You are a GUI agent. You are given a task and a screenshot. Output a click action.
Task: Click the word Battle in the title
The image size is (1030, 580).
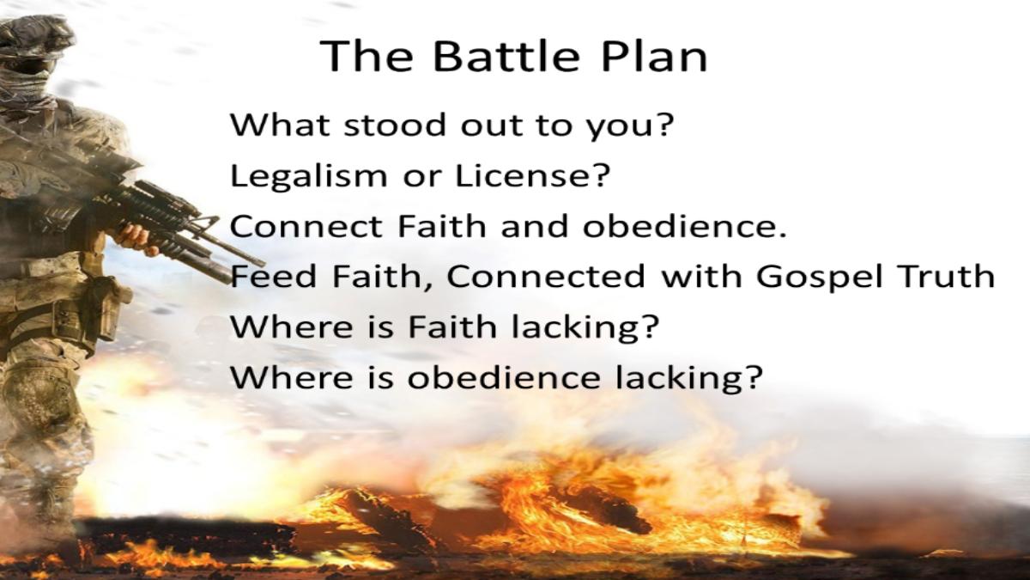(x=506, y=56)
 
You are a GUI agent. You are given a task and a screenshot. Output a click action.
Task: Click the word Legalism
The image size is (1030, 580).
(x=308, y=175)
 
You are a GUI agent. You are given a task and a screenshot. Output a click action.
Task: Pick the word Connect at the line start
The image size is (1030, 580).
(x=306, y=226)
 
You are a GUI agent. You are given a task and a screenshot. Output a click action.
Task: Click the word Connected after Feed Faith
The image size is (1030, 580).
(x=545, y=276)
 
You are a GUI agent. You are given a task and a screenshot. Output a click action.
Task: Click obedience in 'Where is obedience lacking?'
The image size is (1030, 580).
(x=503, y=377)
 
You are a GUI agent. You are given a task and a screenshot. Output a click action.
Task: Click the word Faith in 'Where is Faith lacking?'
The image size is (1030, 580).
(x=452, y=327)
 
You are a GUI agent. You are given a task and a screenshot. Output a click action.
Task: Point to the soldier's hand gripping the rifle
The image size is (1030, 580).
(x=136, y=238)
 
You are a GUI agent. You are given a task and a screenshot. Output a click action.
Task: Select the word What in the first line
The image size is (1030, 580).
(x=279, y=125)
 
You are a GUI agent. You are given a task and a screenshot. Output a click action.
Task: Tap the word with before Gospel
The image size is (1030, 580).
(x=701, y=276)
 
